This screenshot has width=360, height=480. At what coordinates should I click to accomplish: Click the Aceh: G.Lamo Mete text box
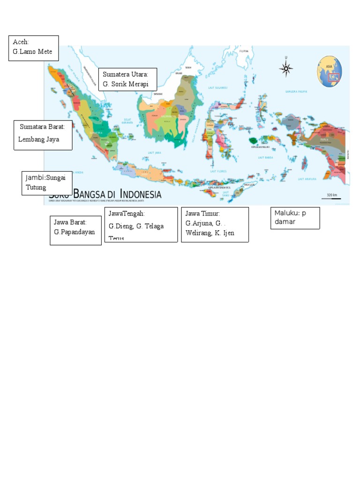(34, 48)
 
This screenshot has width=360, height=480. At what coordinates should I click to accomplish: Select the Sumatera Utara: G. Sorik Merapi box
(127, 79)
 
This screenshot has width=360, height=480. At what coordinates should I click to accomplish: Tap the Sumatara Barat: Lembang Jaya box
(43, 135)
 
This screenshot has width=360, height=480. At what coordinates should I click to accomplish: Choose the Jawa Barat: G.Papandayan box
(75, 230)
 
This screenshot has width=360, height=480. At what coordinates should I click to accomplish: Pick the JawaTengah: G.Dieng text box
(141, 225)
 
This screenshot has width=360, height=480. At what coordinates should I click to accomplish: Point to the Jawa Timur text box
(215, 225)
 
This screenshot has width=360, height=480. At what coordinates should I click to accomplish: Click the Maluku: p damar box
(295, 217)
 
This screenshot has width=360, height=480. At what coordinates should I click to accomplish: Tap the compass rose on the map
(286, 69)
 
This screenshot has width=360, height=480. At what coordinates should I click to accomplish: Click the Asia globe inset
(330, 71)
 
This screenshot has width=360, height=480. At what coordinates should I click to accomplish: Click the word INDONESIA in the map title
(141, 194)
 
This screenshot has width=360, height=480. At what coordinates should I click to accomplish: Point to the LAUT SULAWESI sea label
(218, 88)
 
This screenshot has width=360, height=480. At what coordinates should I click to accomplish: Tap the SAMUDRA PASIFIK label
(296, 91)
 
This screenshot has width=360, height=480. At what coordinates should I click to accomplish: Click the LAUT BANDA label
(266, 157)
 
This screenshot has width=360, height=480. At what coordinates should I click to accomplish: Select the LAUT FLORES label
(218, 171)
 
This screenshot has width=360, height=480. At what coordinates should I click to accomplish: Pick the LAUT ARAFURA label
(307, 179)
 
